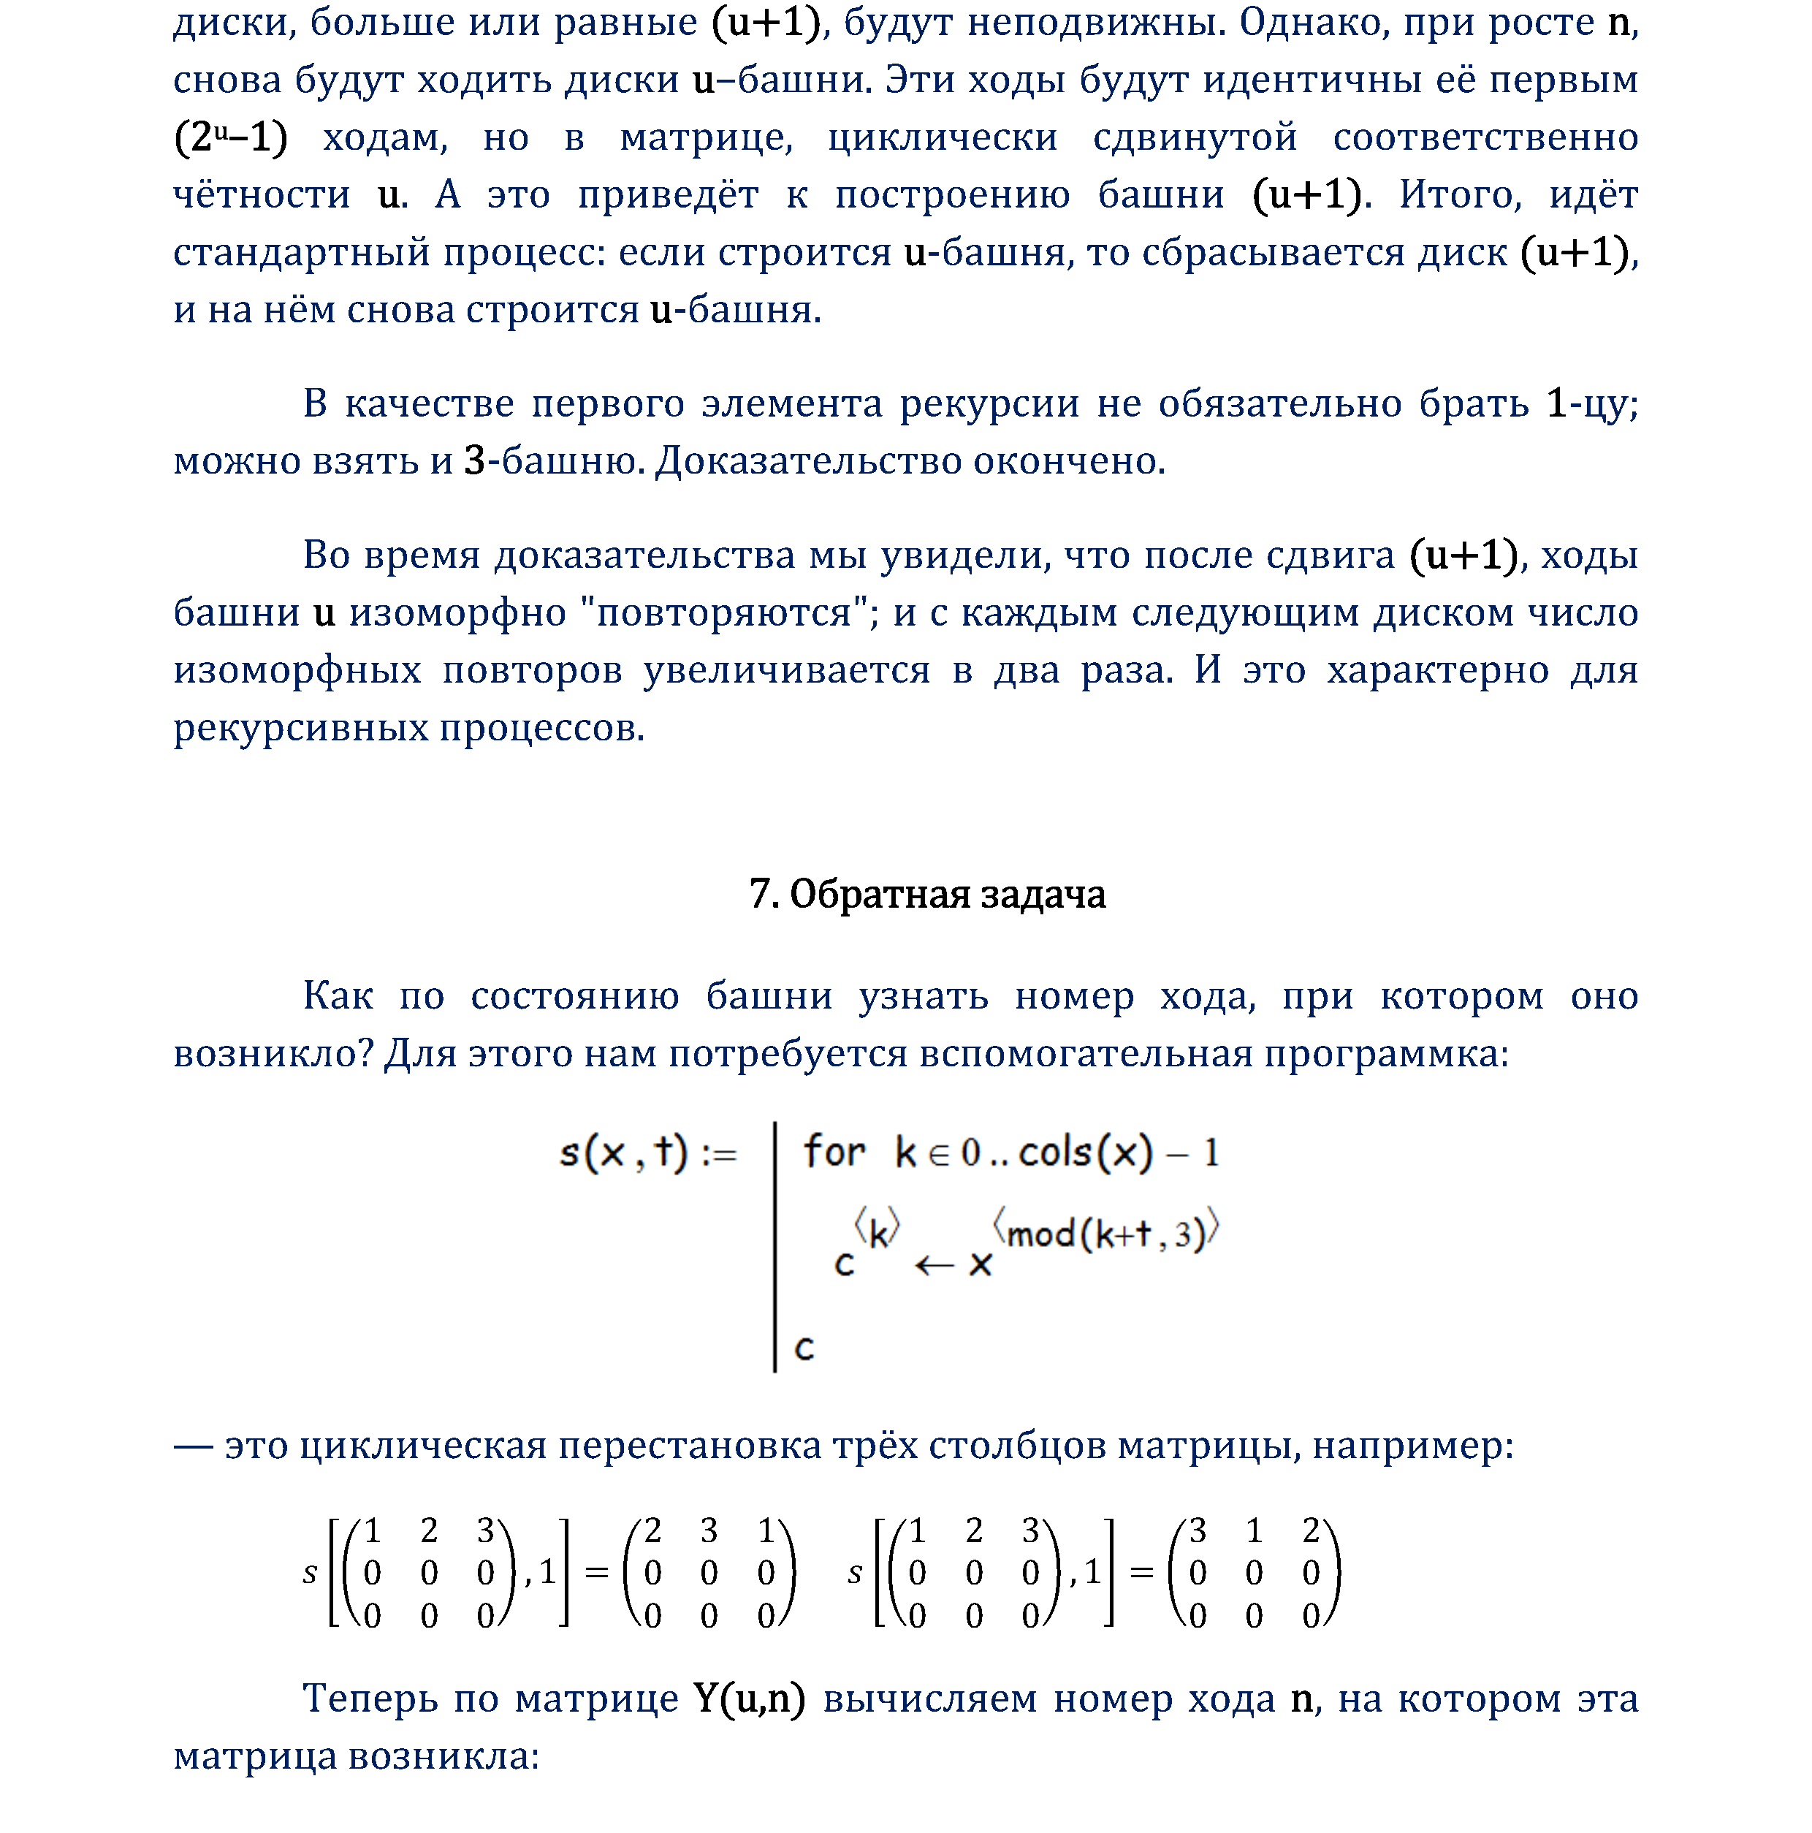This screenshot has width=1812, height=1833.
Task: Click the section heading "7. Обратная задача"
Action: (x=927, y=894)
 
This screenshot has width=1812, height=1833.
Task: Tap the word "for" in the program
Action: (x=834, y=1152)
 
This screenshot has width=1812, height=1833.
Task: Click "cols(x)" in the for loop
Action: (x=1085, y=1152)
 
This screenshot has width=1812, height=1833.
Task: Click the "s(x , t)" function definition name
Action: (x=623, y=1153)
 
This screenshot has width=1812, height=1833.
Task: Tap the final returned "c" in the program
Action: (x=804, y=1347)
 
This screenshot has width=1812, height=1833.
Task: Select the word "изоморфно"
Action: (x=457, y=613)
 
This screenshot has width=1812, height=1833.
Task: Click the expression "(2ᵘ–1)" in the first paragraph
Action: (x=231, y=137)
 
